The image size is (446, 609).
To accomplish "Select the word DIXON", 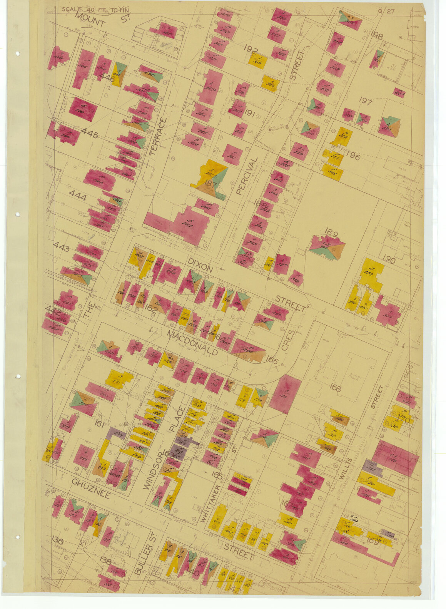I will click(200, 265).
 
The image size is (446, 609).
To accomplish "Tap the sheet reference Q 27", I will click(386, 11).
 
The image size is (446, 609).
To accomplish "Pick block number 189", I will click(331, 231).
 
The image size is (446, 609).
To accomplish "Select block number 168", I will click(335, 388).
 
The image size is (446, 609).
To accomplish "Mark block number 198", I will click(377, 36).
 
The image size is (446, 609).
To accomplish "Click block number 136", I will click(57, 540).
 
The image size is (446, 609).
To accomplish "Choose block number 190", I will click(389, 260).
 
